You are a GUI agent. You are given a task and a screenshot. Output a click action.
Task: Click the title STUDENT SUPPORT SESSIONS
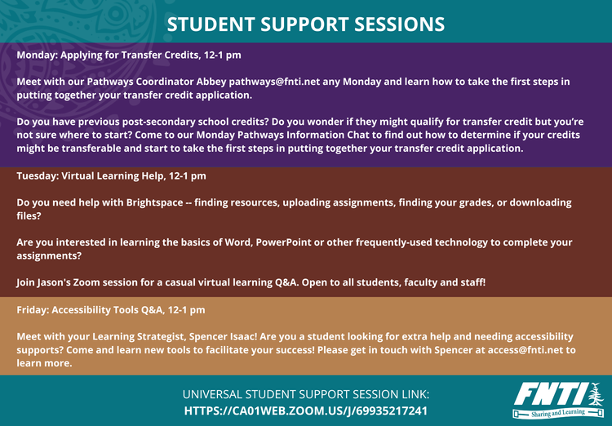(306, 24)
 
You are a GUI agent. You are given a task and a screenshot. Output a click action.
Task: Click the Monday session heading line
(128, 55)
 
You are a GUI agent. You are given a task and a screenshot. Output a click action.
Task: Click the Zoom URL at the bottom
(306, 410)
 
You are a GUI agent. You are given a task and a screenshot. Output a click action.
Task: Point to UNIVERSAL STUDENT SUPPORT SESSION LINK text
(306, 394)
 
